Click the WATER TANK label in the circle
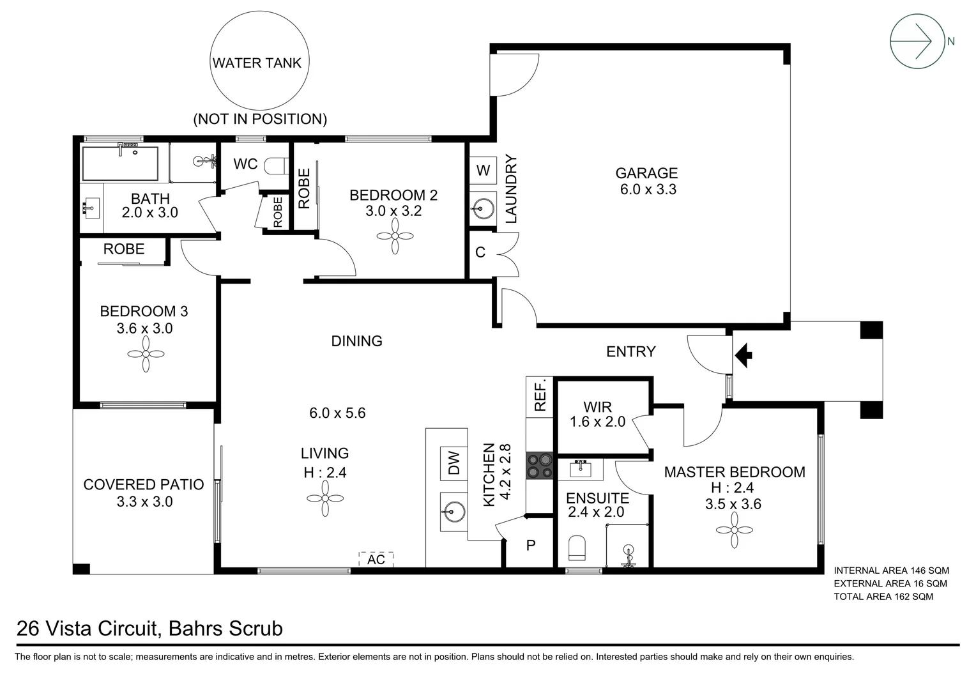(x=256, y=63)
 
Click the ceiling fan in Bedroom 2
(x=394, y=236)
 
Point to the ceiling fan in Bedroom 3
(x=146, y=354)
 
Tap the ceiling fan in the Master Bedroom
(x=735, y=530)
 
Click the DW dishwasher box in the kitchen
(x=454, y=463)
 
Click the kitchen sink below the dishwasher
(x=454, y=510)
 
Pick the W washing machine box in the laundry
(x=483, y=170)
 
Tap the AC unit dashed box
(x=376, y=560)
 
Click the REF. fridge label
(x=540, y=396)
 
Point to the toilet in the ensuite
(x=576, y=548)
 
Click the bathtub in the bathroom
(x=120, y=164)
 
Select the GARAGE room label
(x=646, y=173)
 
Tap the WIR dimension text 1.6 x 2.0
(x=597, y=422)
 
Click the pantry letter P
(x=530, y=546)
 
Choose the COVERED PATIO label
(x=144, y=485)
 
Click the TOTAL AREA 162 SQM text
(x=883, y=597)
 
